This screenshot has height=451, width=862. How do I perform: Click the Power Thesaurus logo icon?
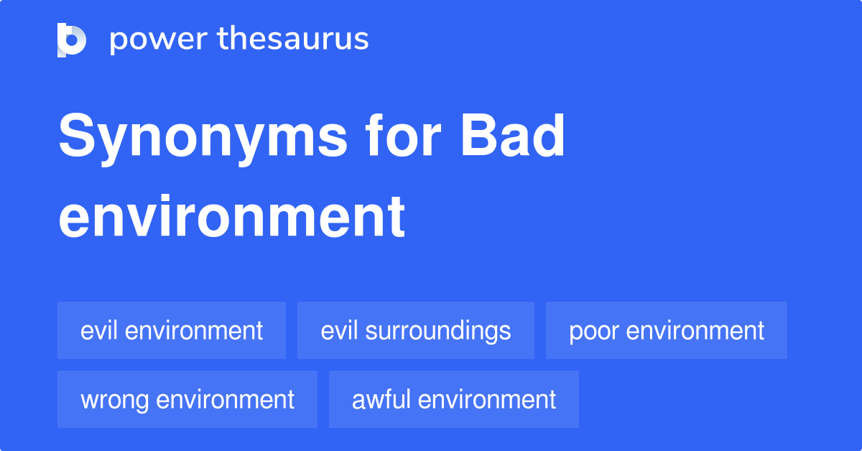72,39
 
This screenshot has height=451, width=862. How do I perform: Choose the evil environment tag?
172,330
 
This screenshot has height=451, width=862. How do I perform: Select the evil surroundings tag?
416,330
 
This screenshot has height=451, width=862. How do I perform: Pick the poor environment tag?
667,330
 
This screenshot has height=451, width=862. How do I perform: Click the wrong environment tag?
187,399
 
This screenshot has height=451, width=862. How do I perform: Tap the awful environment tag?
454,399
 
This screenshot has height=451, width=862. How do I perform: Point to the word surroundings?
438,330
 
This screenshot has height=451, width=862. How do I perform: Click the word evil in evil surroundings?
340,330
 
